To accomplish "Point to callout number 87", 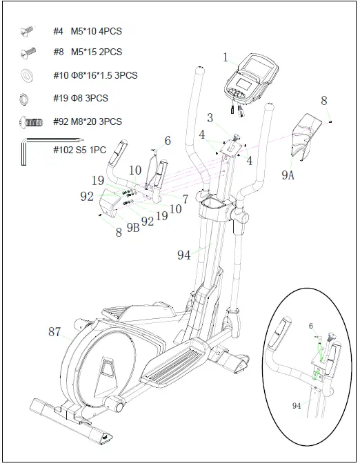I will [54, 333].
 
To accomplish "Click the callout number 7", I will [186, 199].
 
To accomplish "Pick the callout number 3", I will [210, 118].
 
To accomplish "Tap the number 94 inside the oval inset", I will [296, 406].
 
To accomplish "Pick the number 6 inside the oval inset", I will [310, 325].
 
